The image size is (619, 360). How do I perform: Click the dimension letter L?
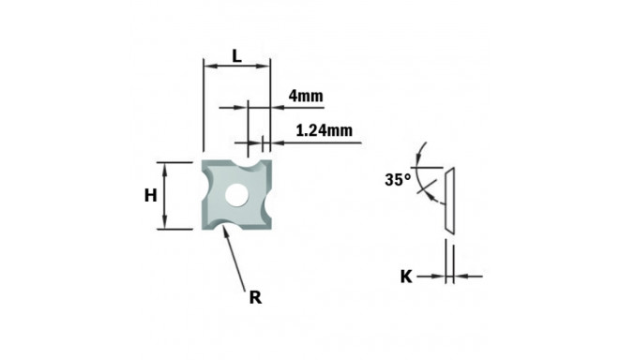tap(236, 57)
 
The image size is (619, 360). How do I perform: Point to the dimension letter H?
tap(150, 195)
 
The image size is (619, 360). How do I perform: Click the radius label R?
tap(254, 298)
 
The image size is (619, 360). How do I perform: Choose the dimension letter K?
tap(406, 277)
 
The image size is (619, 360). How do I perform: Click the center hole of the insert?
tap(236, 195)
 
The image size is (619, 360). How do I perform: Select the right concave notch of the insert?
tap(268, 195)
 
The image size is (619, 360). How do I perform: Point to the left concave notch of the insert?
tap(206, 195)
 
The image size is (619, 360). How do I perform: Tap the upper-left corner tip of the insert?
tap(205, 163)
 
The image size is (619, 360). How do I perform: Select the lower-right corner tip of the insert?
tap(270, 227)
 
